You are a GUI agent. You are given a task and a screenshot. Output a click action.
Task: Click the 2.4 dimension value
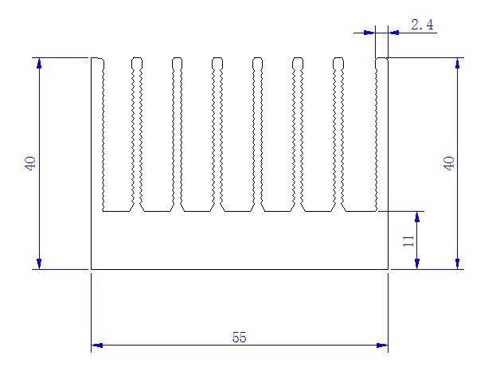(422, 25)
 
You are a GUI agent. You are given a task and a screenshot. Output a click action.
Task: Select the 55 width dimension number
(239, 337)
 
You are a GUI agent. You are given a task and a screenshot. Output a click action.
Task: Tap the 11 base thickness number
(408, 240)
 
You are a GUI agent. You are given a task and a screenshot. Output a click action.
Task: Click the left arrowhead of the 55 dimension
(97, 346)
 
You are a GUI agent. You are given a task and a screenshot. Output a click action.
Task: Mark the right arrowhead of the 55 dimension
(382, 346)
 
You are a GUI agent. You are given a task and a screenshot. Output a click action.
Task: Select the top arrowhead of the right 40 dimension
(457, 64)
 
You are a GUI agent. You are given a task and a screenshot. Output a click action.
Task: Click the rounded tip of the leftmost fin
(96, 60)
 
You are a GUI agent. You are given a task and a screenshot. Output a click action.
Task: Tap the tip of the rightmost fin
(381, 60)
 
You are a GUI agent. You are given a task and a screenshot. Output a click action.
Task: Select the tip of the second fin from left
(137, 60)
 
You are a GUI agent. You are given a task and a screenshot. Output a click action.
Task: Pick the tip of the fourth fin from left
(217, 60)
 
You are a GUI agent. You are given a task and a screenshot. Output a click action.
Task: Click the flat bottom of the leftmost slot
(116, 211)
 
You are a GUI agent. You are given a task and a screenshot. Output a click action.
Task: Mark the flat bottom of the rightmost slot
(359, 211)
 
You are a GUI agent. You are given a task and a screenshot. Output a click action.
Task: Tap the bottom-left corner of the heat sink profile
(92, 269)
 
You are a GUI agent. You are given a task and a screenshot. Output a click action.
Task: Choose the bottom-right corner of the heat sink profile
(388, 269)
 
